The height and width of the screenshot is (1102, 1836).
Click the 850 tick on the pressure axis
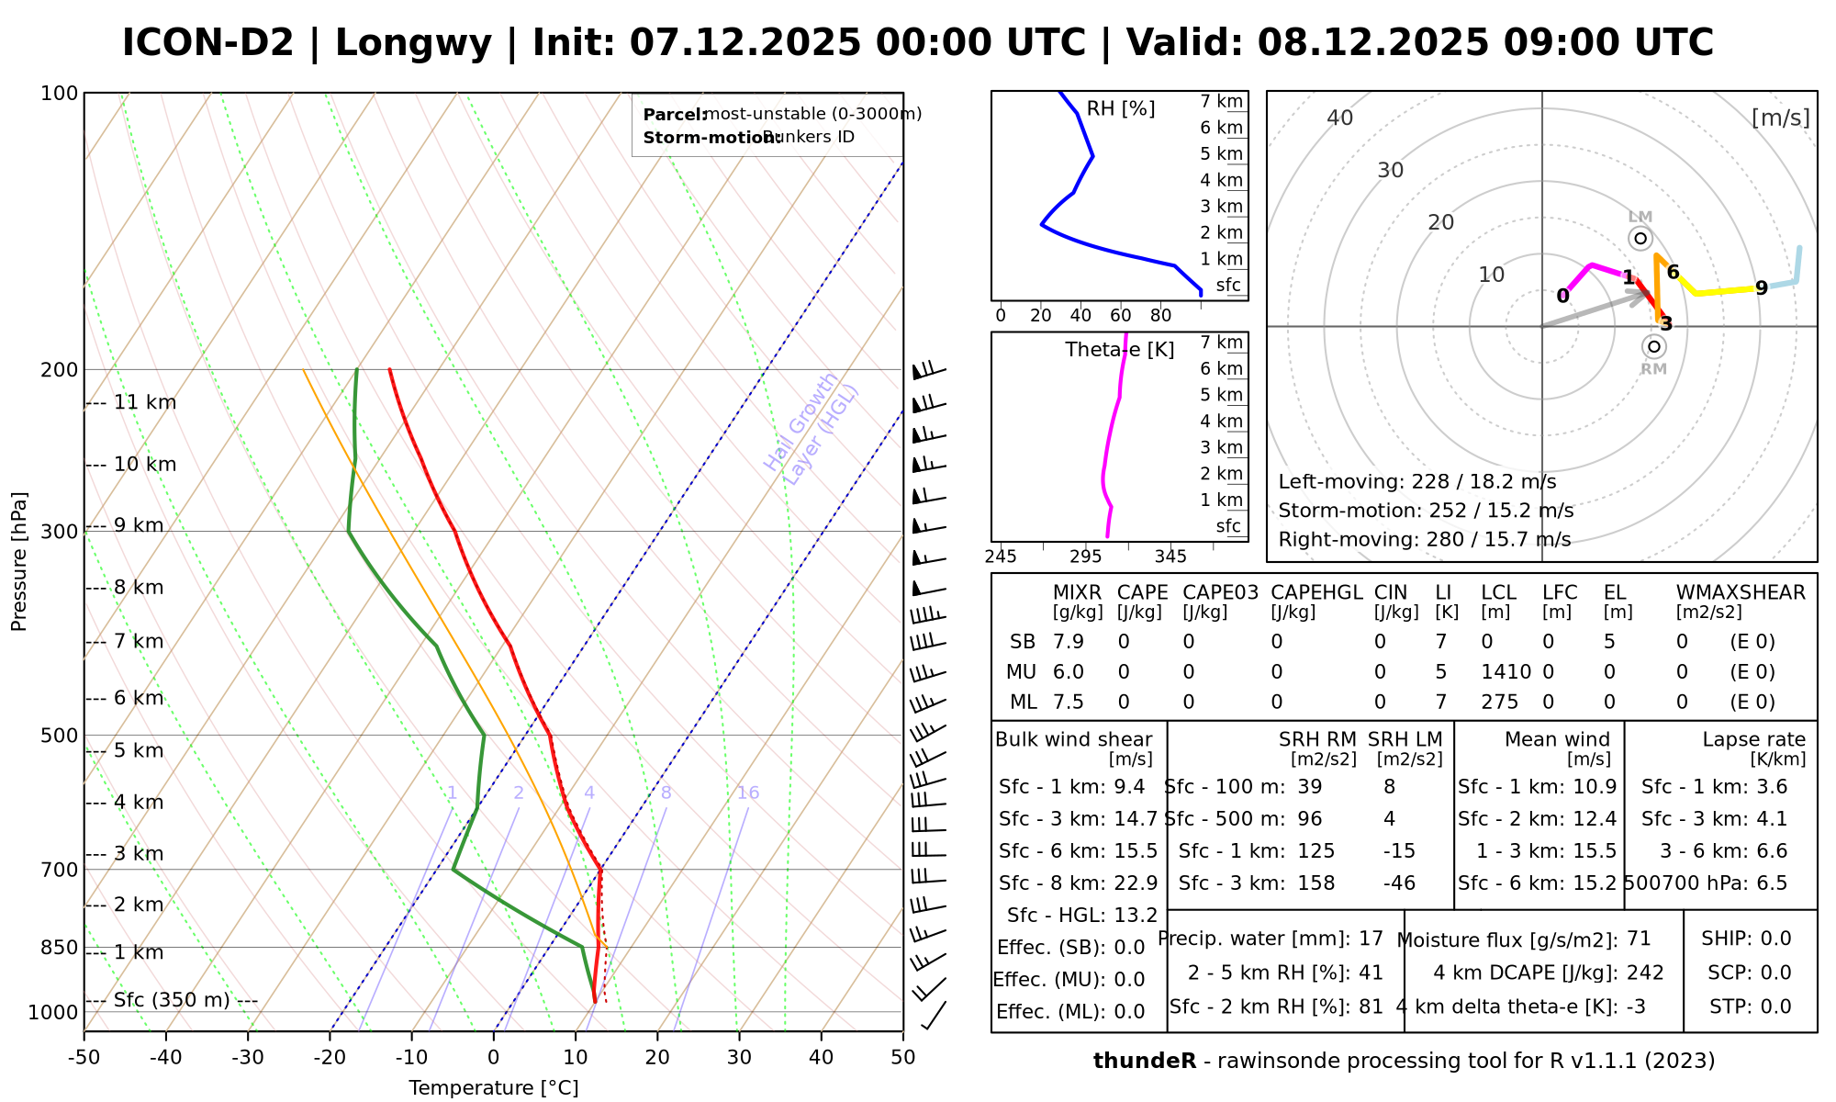pos(61,948)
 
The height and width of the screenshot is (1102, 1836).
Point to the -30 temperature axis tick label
pos(248,1057)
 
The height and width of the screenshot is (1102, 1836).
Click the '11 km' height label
pos(145,402)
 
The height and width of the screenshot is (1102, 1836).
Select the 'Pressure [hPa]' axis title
pos(19,561)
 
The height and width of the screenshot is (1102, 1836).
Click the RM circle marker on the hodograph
pos(1654,346)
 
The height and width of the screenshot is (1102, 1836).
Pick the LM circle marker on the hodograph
pos(1640,239)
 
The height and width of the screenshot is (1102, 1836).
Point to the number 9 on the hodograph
pos(1761,288)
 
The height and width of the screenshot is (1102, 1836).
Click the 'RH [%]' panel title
pos(1121,109)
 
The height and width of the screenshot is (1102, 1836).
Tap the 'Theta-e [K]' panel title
pos(1120,350)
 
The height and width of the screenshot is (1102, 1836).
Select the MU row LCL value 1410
pos(1506,672)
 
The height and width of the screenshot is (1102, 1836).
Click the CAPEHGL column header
pos(1316,592)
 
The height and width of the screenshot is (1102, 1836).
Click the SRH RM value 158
pos(1316,883)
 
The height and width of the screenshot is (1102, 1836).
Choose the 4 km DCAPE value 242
pos(1645,973)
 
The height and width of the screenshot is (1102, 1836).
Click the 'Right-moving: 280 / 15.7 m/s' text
pos(1424,539)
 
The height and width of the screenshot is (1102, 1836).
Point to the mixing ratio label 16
pos(748,793)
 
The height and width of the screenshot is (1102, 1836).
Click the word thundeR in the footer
pos(1145,1061)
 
